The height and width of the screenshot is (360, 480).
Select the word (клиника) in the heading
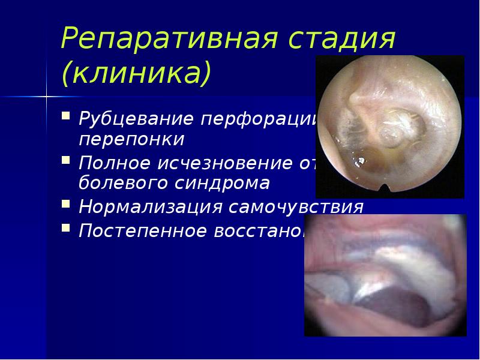pos(136,73)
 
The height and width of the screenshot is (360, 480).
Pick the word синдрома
pos(221,184)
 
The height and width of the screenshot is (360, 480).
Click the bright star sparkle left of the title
pos(46,95)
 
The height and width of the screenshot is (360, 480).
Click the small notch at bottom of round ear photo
pos(384,191)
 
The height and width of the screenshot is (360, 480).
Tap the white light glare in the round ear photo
pos(360,161)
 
